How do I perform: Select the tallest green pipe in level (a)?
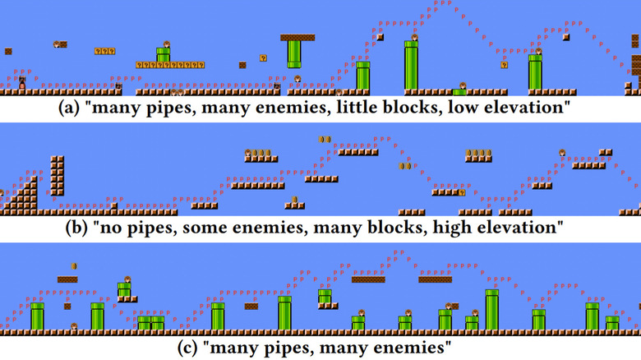(411, 65)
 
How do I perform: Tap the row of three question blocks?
(104, 51)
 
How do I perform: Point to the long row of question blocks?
(170, 65)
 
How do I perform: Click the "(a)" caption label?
(69, 108)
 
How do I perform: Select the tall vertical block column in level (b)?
(58, 176)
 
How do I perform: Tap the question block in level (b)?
(462, 192)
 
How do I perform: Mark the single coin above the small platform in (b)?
(294, 199)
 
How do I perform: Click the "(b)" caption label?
(76, 228)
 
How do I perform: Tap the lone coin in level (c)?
(74, 266)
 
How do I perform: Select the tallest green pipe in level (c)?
(491, 310)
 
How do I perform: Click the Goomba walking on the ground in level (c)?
(74, 326)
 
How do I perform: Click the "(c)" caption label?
(188, 348)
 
